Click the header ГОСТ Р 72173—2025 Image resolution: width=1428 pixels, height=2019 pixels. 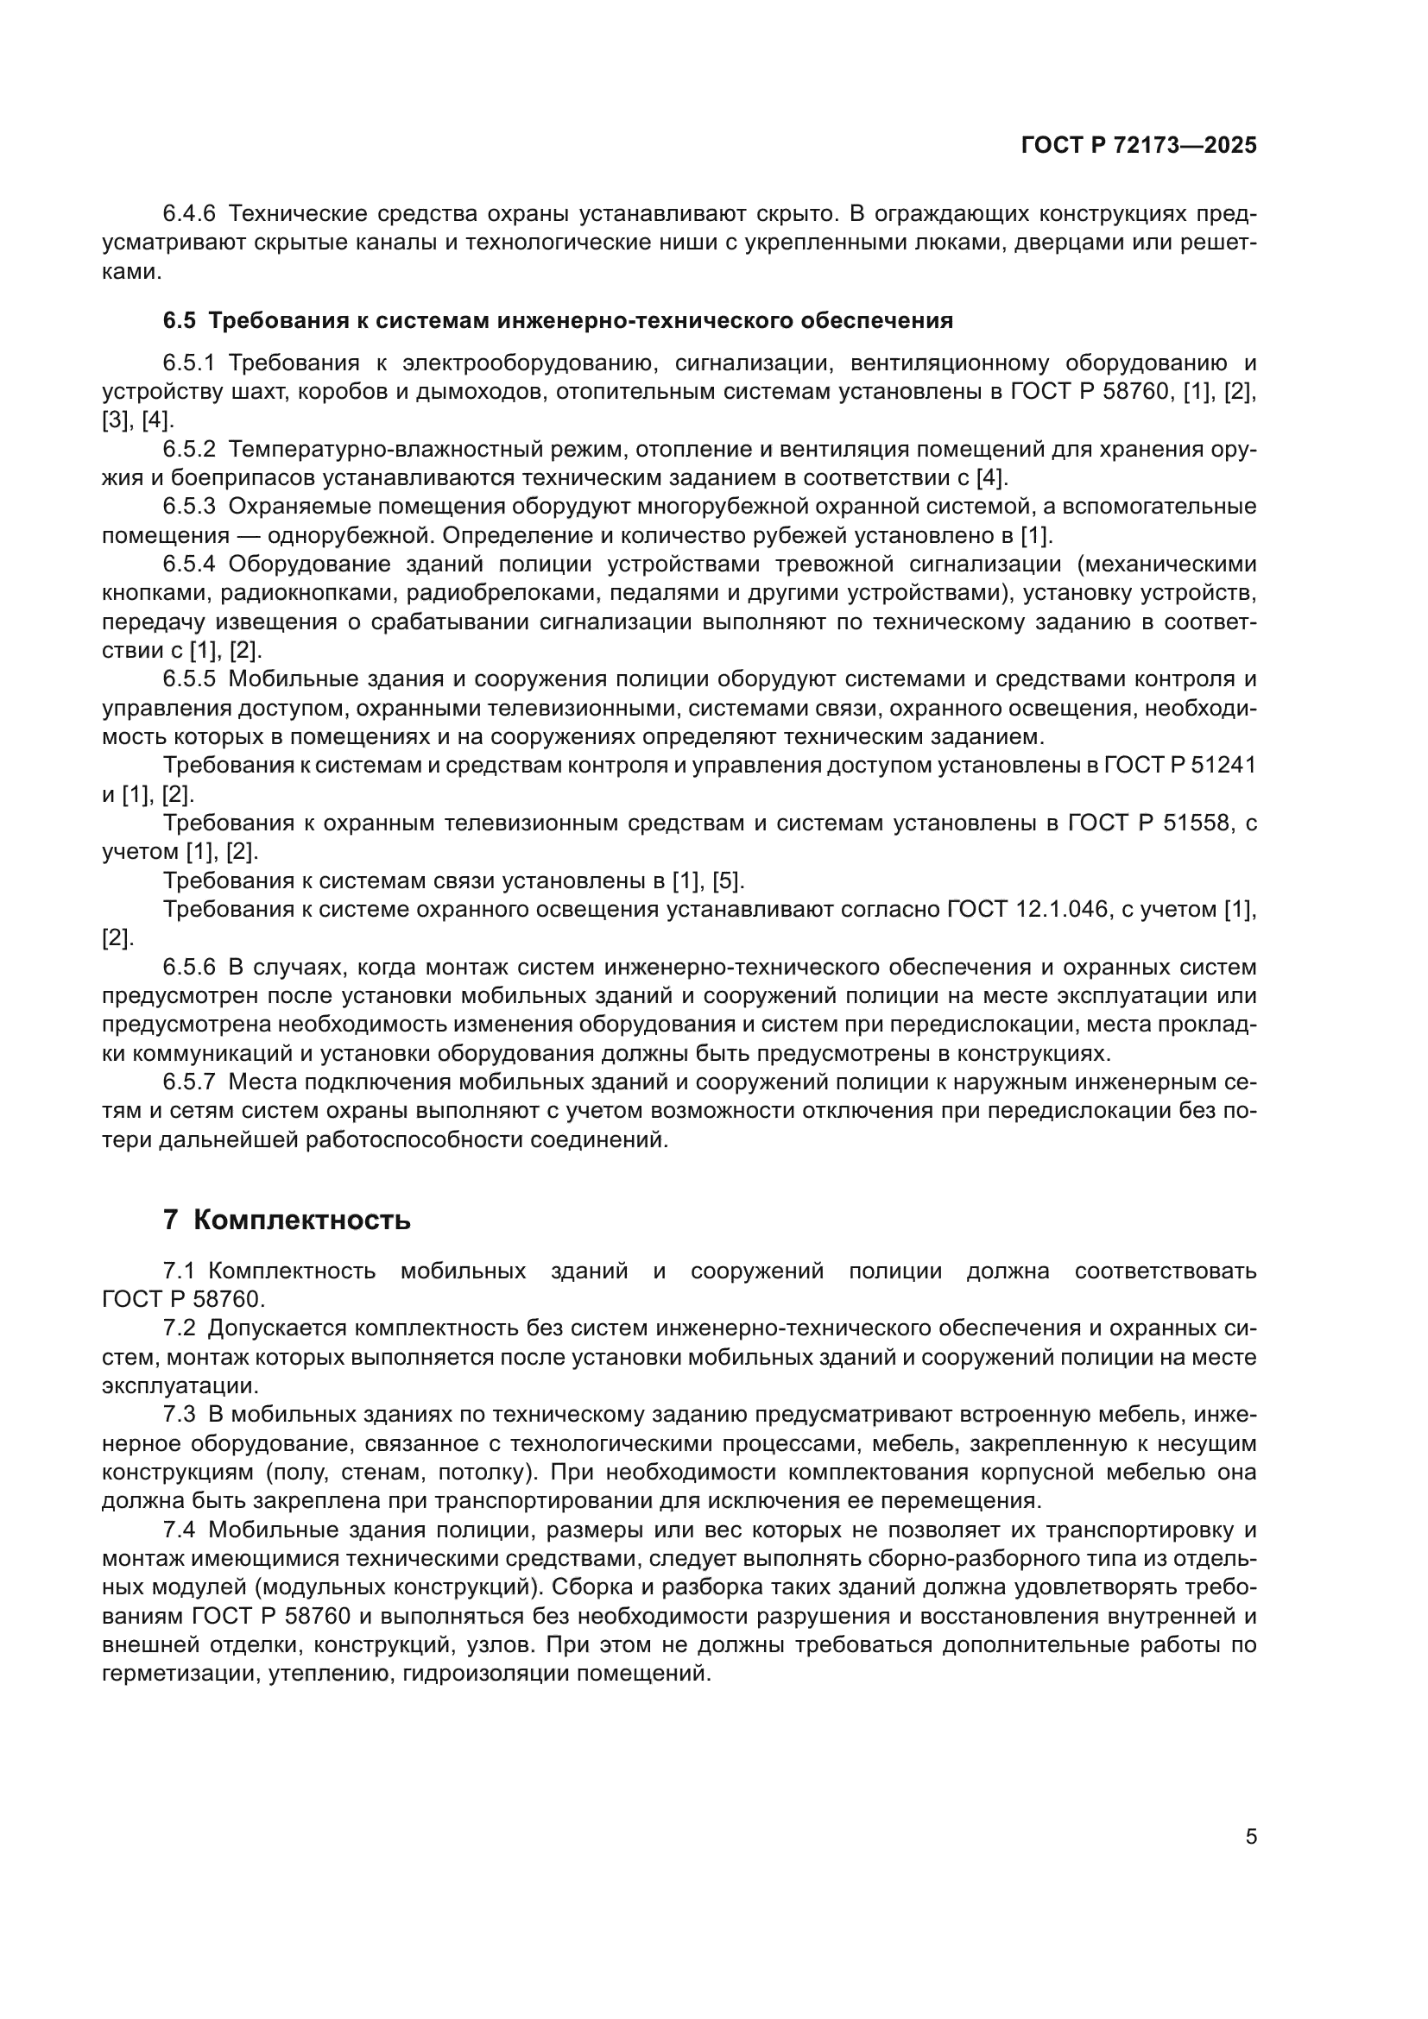point(1139,146)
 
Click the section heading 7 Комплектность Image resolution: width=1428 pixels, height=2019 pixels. point(287,1220)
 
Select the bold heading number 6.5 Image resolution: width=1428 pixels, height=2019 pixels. point(180,321)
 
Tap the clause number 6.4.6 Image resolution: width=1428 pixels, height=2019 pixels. point(189,214)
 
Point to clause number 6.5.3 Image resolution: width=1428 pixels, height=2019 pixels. point(189,507)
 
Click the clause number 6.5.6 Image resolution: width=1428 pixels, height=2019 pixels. point(189,968)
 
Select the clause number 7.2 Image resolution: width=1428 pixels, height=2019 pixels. point(180,1328)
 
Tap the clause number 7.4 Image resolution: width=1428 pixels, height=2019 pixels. point(180,1530)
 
